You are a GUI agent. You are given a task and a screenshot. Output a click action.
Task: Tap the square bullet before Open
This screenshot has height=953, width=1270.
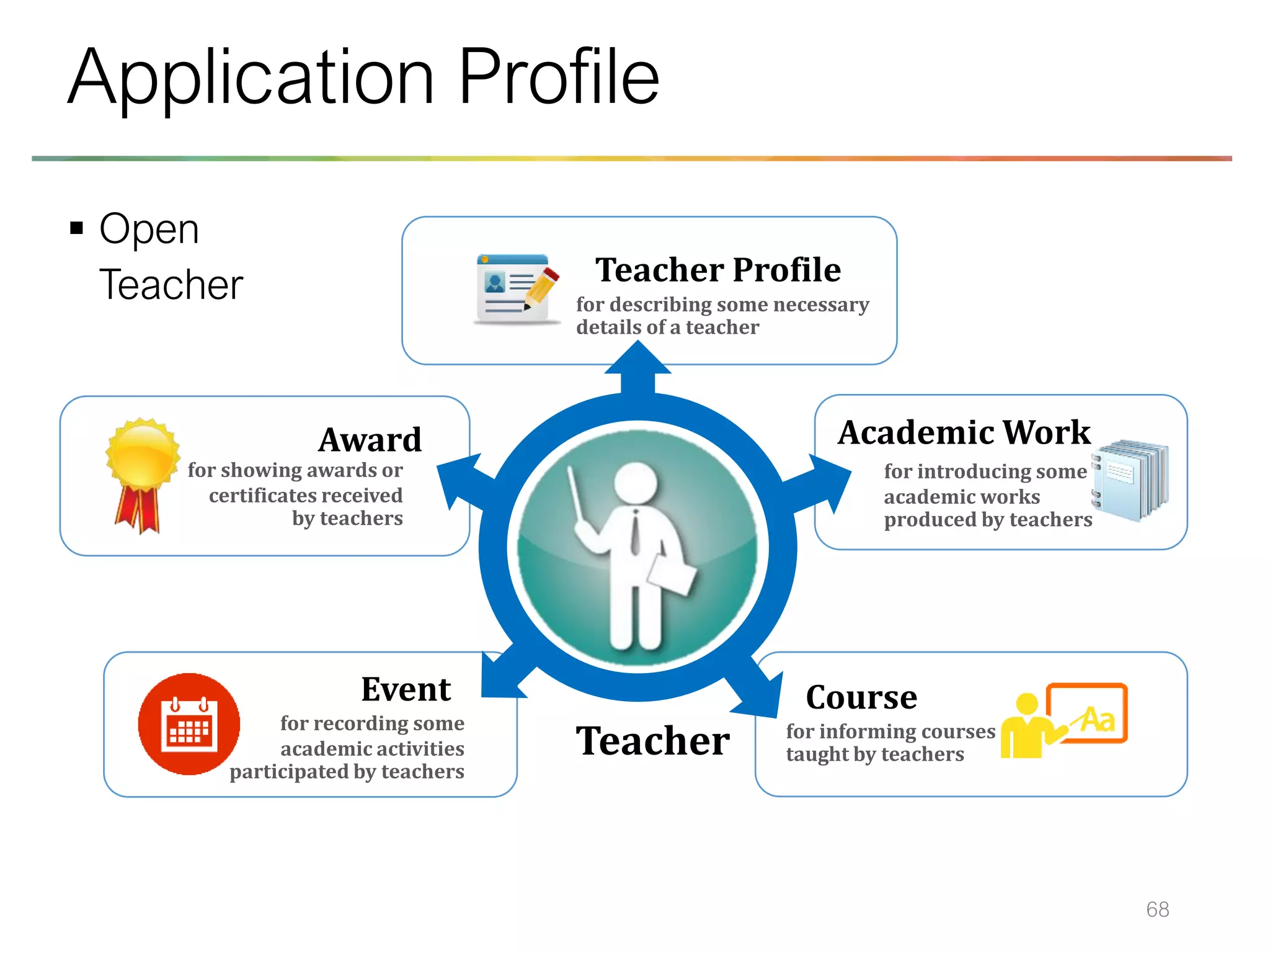click(77, 228)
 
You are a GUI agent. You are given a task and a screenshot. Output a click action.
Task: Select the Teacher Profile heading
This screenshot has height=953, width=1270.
click(717, 270)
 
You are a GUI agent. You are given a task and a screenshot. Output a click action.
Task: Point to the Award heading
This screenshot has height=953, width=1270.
click(370, 440)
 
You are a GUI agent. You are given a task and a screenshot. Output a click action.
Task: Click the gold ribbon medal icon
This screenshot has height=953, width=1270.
click(142, 474)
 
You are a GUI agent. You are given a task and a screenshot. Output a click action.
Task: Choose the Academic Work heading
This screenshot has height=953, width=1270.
click(964, 432)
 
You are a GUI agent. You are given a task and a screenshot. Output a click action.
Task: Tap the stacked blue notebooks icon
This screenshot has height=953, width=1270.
click(1130, 479)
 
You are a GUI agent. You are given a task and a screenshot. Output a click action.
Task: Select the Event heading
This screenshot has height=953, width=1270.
click(406, 689)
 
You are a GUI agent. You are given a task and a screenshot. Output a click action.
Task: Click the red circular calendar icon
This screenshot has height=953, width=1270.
click(189, 724)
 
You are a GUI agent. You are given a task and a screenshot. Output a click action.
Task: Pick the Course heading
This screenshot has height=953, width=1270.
click(861, 697)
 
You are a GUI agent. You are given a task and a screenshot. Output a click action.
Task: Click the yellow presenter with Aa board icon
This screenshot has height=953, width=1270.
click(1064, 720)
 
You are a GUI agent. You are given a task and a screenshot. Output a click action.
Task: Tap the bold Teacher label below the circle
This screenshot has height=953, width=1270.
click(652, 741)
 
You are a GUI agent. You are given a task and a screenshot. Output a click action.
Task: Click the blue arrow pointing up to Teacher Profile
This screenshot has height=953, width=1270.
click(637, 366)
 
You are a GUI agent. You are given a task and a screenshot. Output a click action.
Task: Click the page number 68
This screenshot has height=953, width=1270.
click(1157, 910)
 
